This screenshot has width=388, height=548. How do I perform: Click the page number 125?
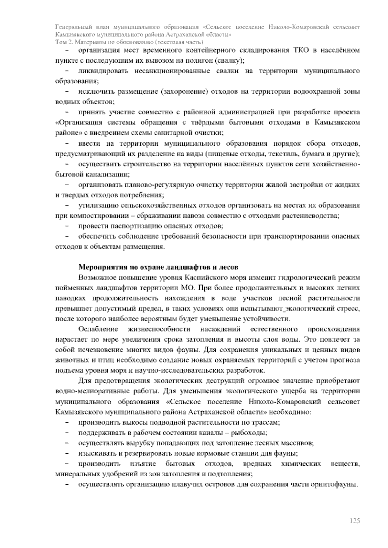click(x=355, y=521)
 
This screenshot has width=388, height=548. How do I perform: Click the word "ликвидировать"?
click(x=103, y=71)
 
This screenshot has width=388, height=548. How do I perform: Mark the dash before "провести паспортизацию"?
click(x=67, y=226)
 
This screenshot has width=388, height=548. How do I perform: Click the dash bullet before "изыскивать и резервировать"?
click(x=67, y=453)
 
